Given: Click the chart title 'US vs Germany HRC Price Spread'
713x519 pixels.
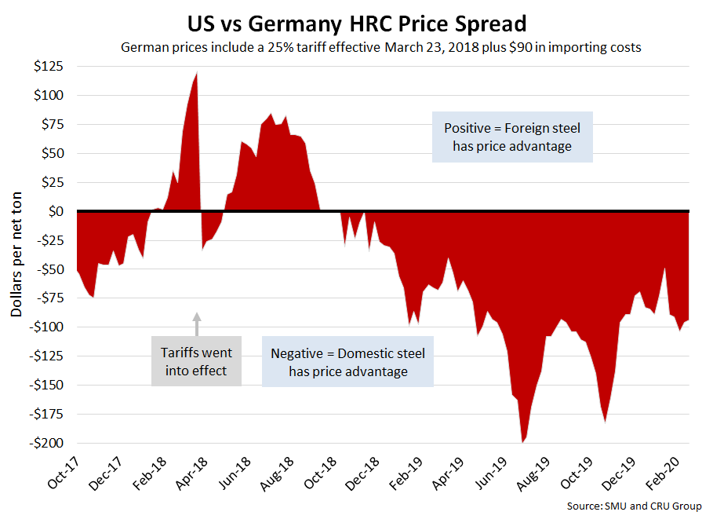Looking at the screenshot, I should tap(357, 22).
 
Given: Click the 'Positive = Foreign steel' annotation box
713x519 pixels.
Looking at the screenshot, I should tap(512, 136).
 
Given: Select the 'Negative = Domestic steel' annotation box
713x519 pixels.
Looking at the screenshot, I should tap(347, 362).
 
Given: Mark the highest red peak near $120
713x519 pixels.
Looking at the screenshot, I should tap(196, 75).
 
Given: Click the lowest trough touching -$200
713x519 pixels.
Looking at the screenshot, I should tap(523, 441).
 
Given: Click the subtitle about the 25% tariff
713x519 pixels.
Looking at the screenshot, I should tap(381, 47).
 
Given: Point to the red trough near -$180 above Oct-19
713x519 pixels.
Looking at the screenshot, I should tap(606, 420).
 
